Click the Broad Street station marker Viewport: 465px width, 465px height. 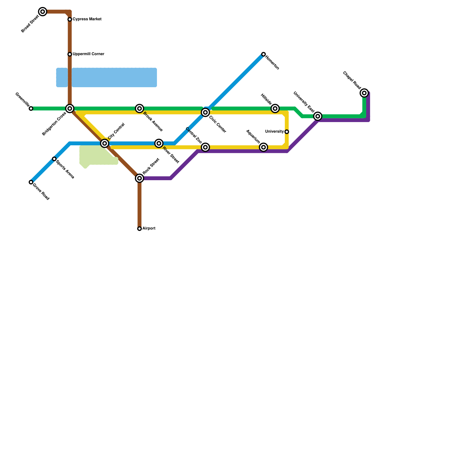pyautogui.click(x=43, y=12)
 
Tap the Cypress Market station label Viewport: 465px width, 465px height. pyautogui.click(x=87, y=19)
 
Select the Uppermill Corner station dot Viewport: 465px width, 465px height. pyautogui.click(x=70, y=54)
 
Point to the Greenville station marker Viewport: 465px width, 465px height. pyautogui.click(x=31, y=108)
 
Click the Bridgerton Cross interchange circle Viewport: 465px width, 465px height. pyautogui.click(x=70, y=108)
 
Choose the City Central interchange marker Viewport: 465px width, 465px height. pyautogui.click(x=105, y=143)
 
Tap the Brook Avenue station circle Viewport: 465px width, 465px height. pyautogui.click(x=139, y=108)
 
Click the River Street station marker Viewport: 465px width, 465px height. pyautogui.click(x=159, y=143)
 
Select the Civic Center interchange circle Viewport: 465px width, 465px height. pyautogui.click(x=205, y=112)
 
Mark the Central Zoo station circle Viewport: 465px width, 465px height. pyautogui.click(x=205, y=147)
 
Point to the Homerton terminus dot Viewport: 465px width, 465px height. pyautogui.click(x=263, y=54)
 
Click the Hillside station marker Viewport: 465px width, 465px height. pyautogui.click(x=275, y=108)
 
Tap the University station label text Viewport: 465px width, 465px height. pyautogui.click(x=274, y=132)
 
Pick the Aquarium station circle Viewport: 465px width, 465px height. pyautogui.click(x=263, y=147)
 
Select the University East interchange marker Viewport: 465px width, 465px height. pyautogui.click(x=318, y=116)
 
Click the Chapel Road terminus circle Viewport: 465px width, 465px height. pyautogui.click(x=364, y=93)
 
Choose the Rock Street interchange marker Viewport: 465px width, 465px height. pyautogui.click(x=139, y=178)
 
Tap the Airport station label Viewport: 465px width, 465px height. pyautogui.click(x=149, y=228)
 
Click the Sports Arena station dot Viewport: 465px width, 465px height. pyautogui.click(x=54, y=159)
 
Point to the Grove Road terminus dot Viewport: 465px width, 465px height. pyautogui.click(x=31, y=182)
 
